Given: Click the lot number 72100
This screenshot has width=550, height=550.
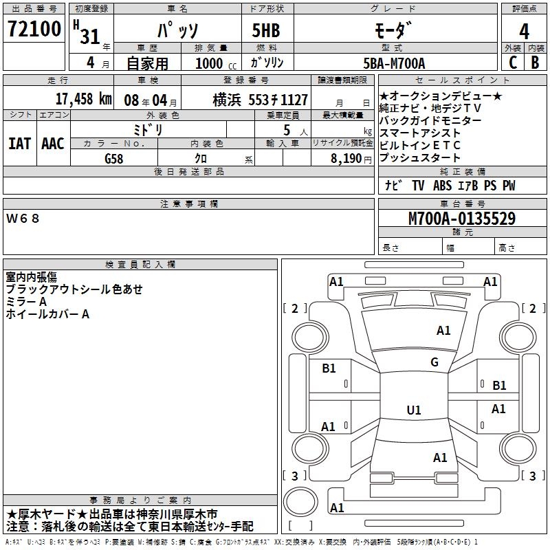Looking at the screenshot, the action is pos(34,30).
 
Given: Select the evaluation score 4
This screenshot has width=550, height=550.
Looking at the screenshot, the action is pos(525,31).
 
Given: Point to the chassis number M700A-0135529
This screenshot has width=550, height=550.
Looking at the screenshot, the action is pos(462,219).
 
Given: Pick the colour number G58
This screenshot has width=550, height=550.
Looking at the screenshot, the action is pos(114,158).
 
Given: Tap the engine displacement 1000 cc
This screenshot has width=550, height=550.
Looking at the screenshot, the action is pos(212,63).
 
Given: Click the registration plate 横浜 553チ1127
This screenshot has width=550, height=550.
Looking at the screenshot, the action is pos(260,99).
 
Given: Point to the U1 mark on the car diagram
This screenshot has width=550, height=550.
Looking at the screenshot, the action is pos(414,410).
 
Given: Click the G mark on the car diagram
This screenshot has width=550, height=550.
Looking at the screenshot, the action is pos(434,362).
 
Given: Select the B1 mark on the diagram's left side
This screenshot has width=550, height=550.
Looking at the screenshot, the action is pos(329,368).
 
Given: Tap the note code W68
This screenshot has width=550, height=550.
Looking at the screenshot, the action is pos(23,218).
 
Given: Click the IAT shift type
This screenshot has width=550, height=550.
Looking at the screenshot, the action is pos(19,144).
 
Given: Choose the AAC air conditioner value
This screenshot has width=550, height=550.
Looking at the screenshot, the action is pos(53,144).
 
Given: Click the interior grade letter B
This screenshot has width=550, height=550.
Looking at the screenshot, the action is pos(536,62).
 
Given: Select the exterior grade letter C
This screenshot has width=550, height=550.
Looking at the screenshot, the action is pos(512,62).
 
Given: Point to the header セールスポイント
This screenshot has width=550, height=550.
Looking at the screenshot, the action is pos(462,80).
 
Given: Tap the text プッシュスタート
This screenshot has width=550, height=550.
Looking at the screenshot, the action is pos(419,158).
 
